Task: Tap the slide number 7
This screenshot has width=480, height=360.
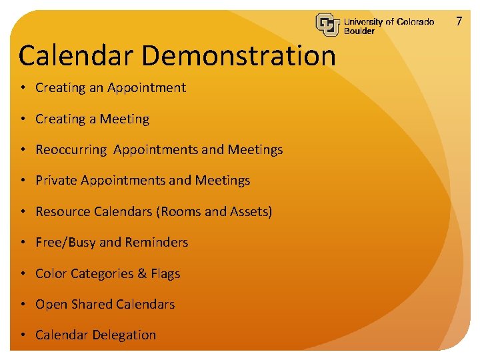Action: [x=459, y=21]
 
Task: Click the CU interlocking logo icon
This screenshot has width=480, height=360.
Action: [x=327, y=24]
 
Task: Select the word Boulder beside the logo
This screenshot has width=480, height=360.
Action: [x=359, y=31]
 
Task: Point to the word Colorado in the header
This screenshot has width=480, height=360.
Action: [x=415, y=21]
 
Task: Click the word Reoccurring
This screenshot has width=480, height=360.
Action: [x=71, y=150]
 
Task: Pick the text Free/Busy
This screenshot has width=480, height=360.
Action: [x=65, y=243]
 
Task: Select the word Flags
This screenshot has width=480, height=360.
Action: [x=165, y=274]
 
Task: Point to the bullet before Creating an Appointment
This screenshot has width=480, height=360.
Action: [x=23, y=88]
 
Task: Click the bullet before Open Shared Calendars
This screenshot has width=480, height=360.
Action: [x=23, y=305]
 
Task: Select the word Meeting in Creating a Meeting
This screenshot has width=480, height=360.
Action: [x=125, y=119]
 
